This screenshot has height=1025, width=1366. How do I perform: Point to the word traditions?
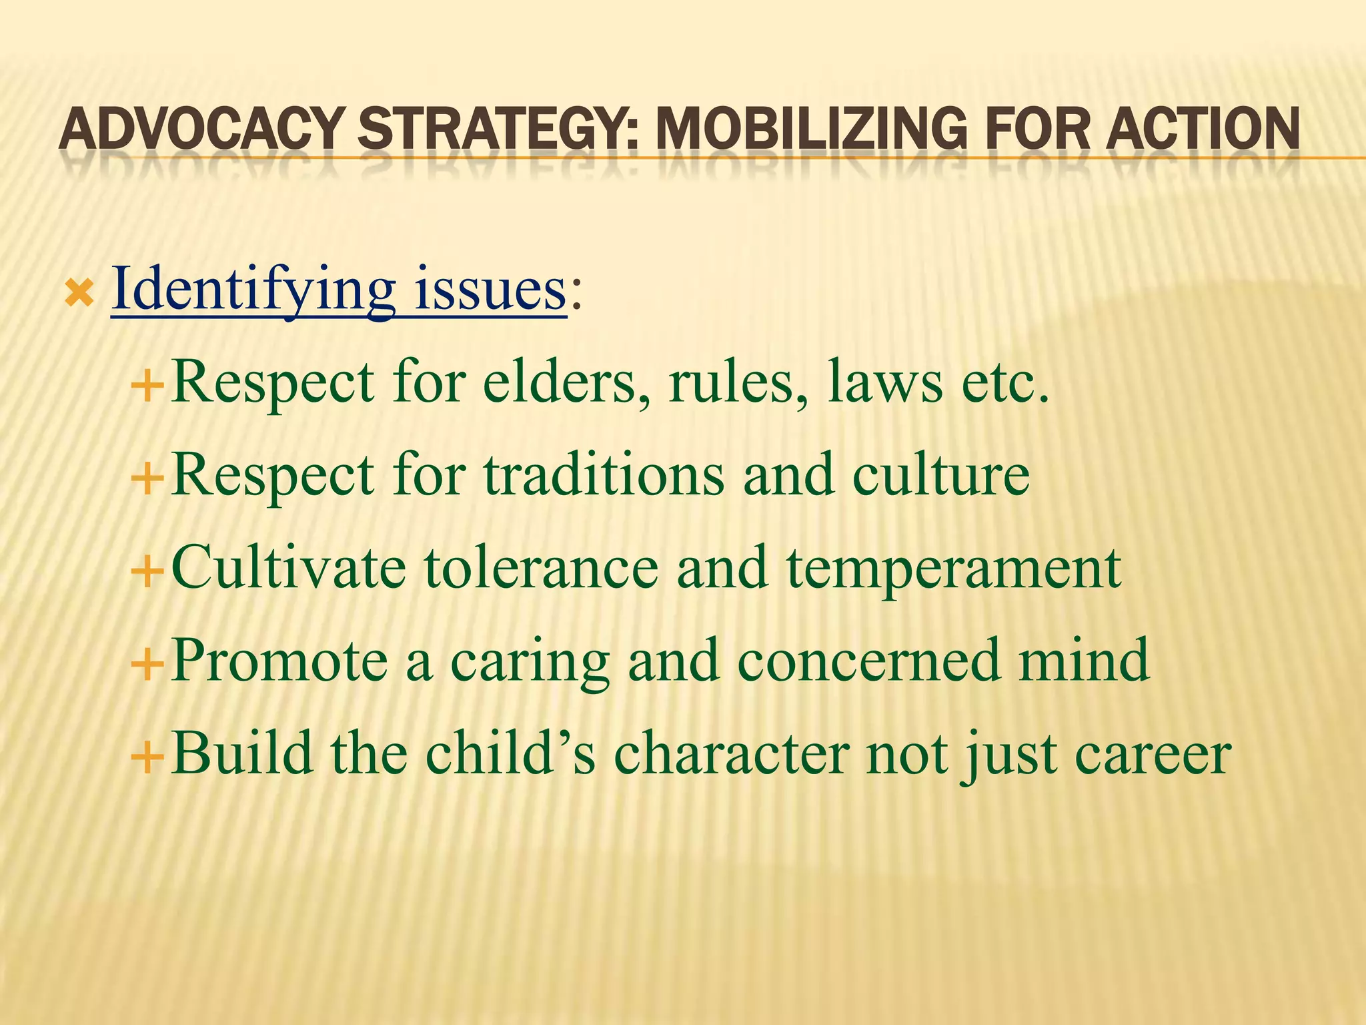pos(604,475)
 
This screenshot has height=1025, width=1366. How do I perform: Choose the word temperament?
pos(954,569)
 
